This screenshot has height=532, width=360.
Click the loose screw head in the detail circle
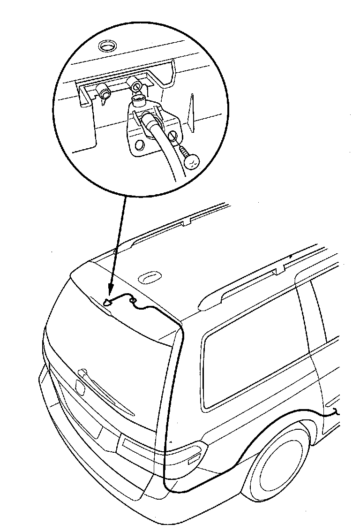pos(193,161)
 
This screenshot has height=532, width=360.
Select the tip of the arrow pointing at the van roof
pos(108,302)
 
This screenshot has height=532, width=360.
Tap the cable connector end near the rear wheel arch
pos(336,413)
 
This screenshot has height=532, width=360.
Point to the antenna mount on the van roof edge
pos(108,304)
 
